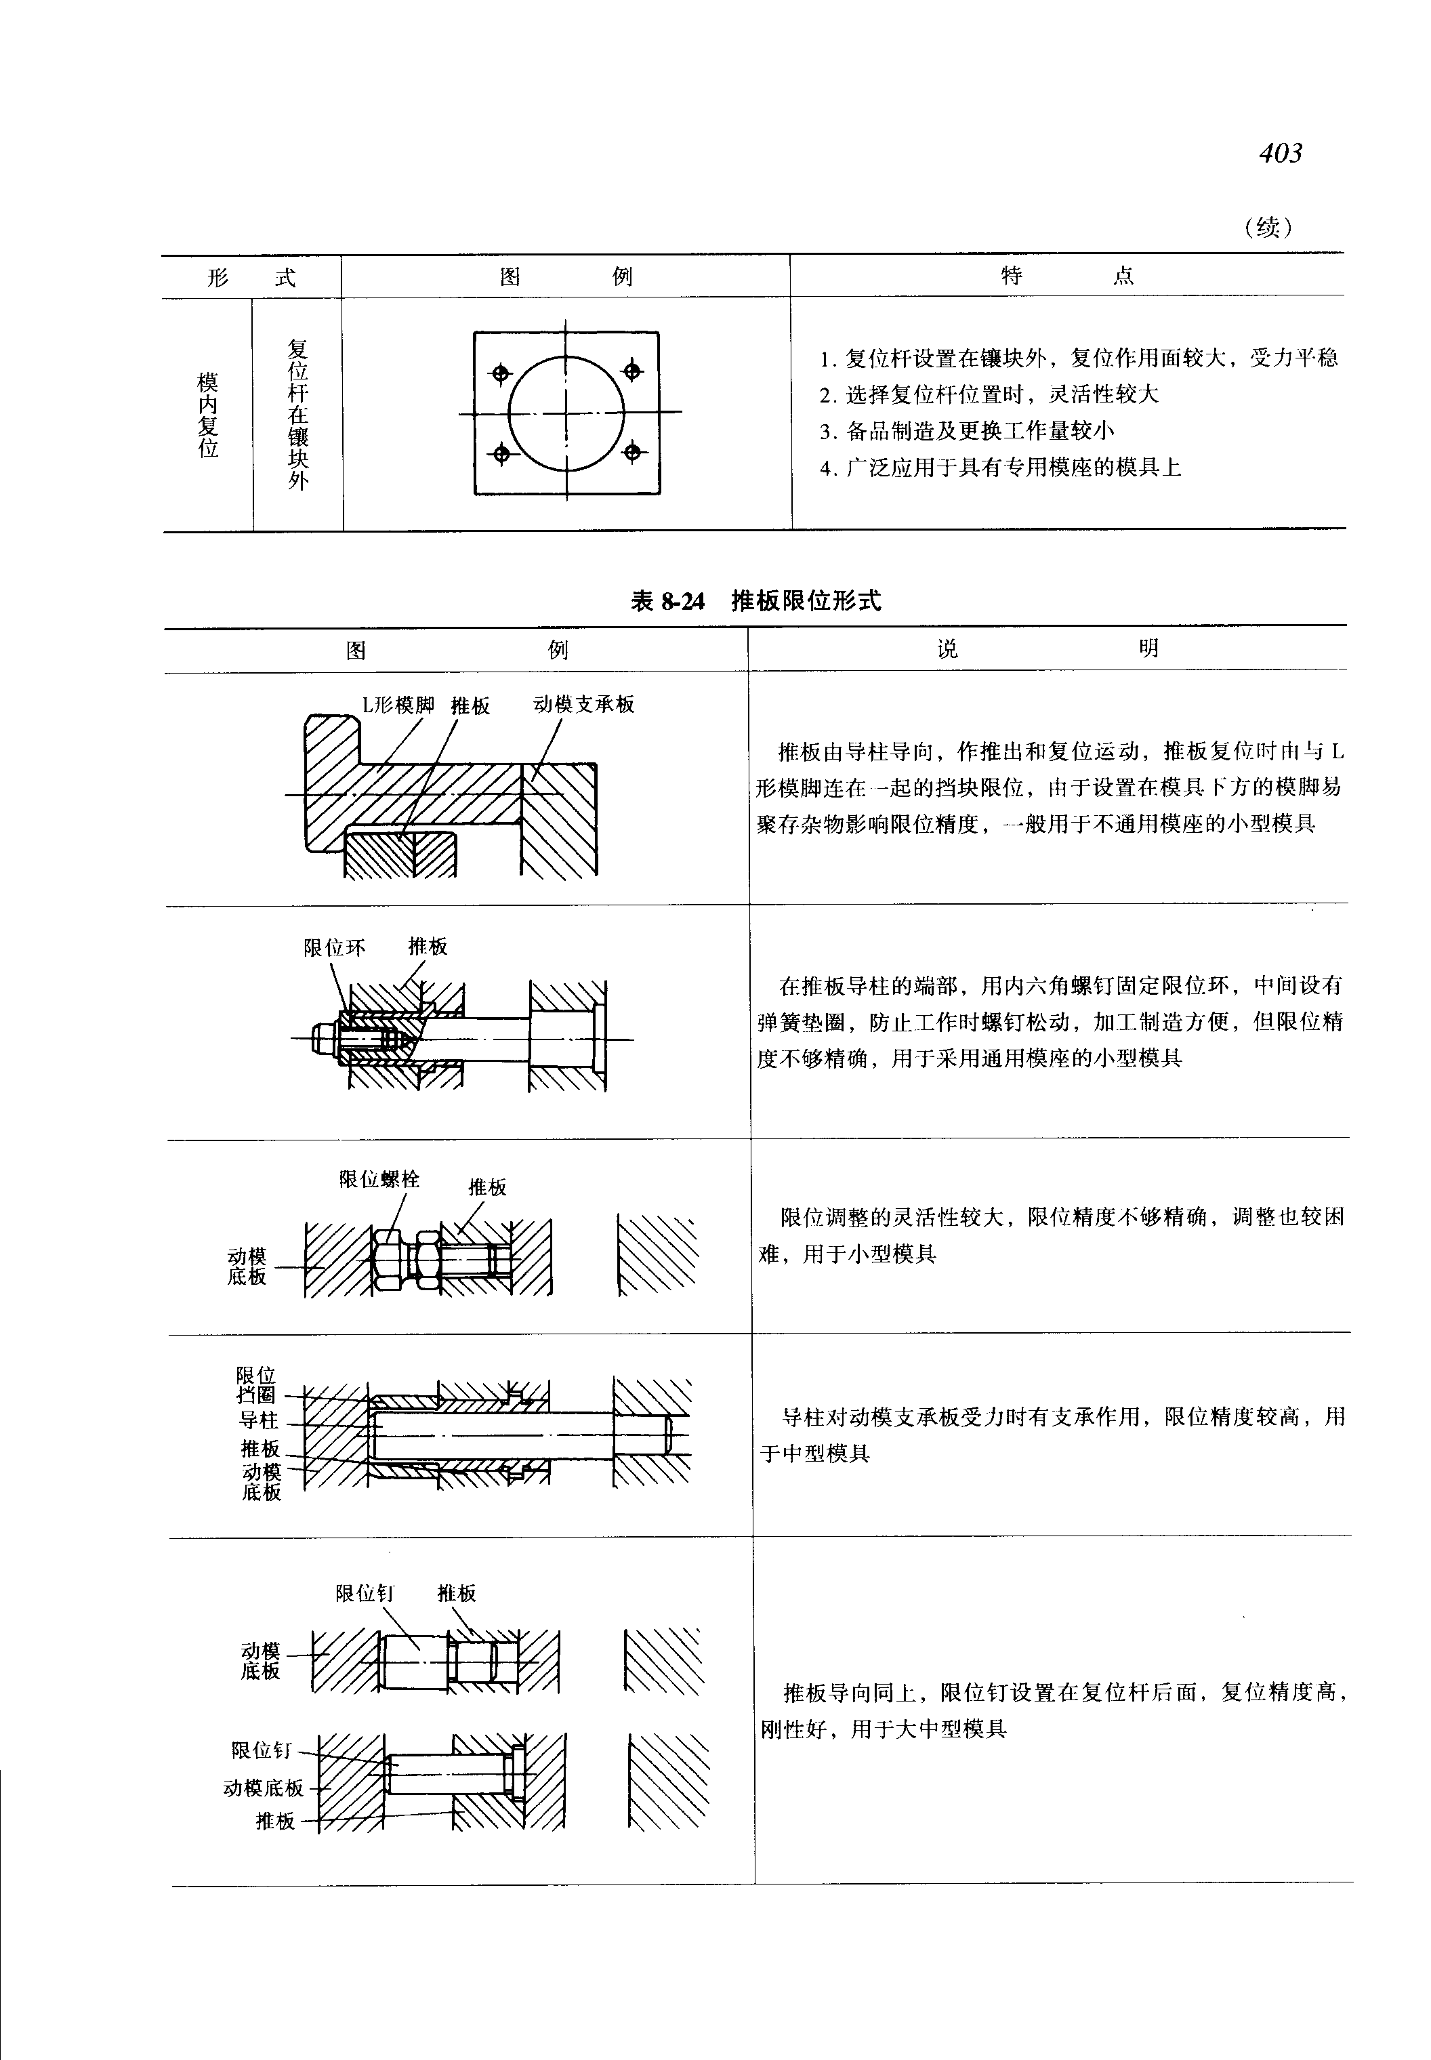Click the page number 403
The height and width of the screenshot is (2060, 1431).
(1281, 153)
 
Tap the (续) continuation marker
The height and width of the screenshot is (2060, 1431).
(1268, 227)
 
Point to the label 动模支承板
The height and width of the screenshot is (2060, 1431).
(583, 704)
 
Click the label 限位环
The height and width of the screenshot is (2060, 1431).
(335, 948)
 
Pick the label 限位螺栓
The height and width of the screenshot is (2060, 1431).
(379, 1179)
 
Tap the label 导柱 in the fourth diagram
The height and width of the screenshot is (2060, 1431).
(258, 1420)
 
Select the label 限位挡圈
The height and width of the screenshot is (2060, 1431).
(256, 1384)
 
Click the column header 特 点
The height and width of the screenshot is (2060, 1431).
(1067, 275)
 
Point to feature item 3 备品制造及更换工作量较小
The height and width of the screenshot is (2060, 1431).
(967, 432)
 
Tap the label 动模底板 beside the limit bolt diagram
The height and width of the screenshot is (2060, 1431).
(247, 1266)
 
